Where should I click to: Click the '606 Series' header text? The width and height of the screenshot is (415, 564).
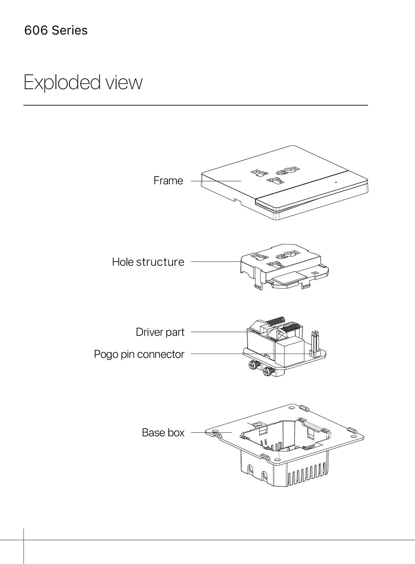pyautogui.click(x=56, y=30)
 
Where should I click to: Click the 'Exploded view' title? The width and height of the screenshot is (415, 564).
pyautogui.click(x=83, y=82)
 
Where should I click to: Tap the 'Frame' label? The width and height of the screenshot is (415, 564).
pyautogui.click(x=168, y=181)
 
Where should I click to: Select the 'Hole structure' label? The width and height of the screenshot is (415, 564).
pyautogui.click(x=148, y=262)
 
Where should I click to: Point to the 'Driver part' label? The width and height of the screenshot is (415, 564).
pyautogui.click(x=160, y=332)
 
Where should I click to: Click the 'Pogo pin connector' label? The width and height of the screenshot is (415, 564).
pyautogui.click(x=139, y=354)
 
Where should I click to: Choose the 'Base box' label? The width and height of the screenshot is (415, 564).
pyautogui.click(x=163, y=433)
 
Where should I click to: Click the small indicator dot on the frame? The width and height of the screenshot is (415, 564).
pyautogui.click(x=336, y=183)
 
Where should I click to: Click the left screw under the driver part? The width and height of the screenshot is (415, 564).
pyautogui.click(x=253, y=365)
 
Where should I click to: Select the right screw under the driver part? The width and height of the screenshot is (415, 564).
pyautogui.click(x=268, y=371)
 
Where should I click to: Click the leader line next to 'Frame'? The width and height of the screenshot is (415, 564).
pyautogui.click(x=216, y=181)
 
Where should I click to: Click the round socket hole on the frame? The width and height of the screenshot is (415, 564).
pyautogui.click(x=290, y=171)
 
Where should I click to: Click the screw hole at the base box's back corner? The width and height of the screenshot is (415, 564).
pyautogui.click(x=292, y=409)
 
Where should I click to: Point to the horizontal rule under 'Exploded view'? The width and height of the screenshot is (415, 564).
pyautogui.click(x=195, y=105)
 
